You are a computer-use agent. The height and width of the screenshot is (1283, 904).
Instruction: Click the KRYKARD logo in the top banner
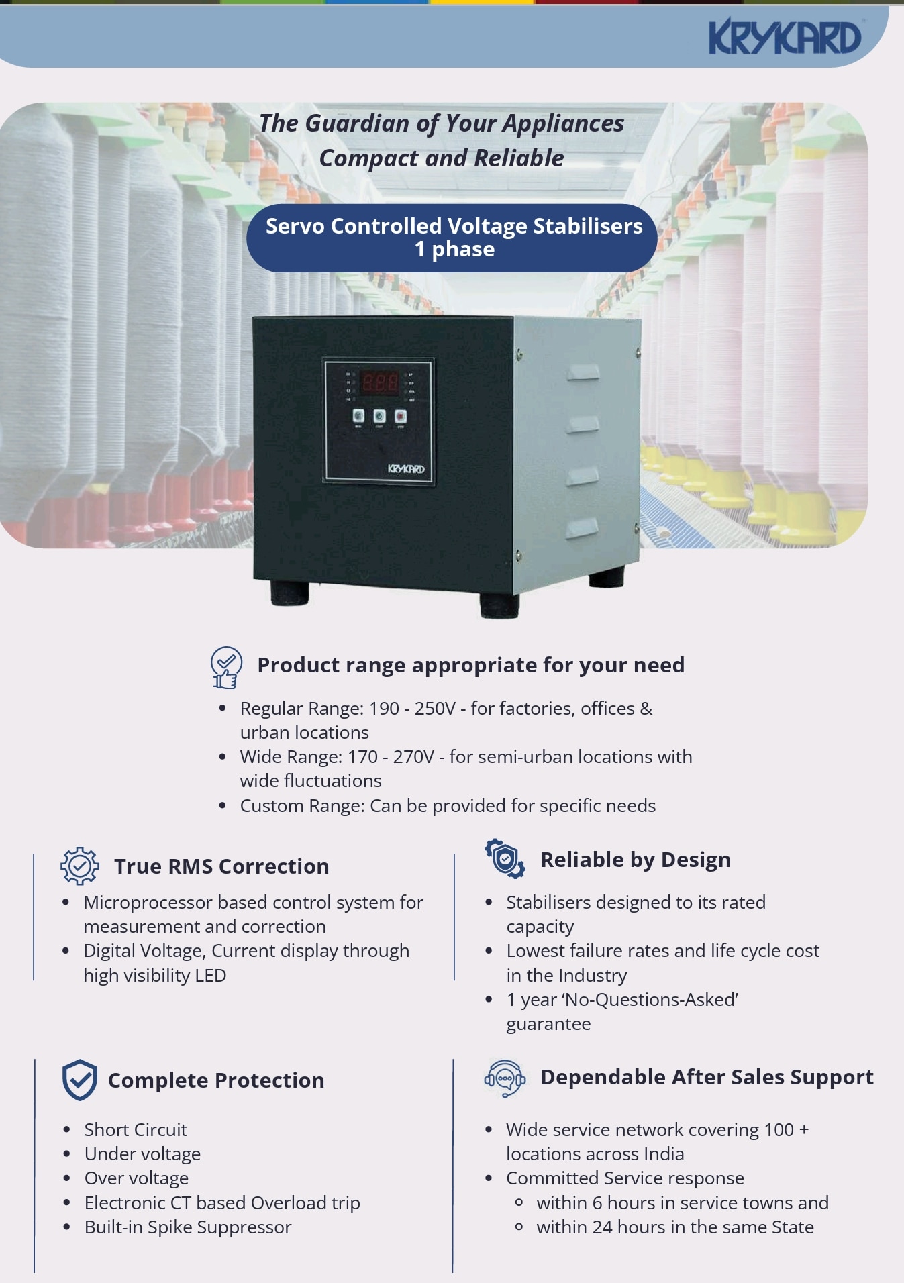click(x=785, y=36)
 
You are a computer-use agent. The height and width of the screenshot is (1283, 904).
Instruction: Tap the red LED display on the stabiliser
click(x=380, y=383)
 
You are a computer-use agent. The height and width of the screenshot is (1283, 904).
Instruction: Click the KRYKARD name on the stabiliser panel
click(x=406, y=468)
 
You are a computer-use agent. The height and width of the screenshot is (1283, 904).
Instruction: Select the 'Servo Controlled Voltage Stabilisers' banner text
click(x=454, y=226)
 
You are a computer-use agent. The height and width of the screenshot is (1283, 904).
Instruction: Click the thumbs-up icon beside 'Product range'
click(x=225, y=668)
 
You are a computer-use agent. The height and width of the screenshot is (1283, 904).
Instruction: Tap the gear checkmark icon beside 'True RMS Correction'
click(x=80, y=866)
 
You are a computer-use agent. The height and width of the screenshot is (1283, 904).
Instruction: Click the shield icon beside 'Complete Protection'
click(x=80, y=1080)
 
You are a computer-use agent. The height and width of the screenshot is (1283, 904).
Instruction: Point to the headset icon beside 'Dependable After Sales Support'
click(x=505, y=1078)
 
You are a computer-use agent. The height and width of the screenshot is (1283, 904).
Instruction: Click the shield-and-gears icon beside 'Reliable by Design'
click(x=505, y=859)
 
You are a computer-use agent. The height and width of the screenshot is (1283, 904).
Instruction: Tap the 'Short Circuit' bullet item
click(x=136, y=1129)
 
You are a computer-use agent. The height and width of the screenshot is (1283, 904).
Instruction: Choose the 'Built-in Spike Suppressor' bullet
click(x=188, y=1227)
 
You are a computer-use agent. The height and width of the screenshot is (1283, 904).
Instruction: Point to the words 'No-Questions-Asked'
click(x=651, y=1000)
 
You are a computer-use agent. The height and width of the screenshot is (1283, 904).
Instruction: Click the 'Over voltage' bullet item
click(x=136, y=1178)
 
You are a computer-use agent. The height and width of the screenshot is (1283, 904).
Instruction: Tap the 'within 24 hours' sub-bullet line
click(x=674, y=1227)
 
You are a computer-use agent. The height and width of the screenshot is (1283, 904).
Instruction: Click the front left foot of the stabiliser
click(x=290, y=593)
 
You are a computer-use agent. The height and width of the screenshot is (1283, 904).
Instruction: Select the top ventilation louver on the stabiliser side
click(x=583, y=372)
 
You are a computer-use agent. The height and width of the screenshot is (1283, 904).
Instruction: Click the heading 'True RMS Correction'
click(x=221, y=866)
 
